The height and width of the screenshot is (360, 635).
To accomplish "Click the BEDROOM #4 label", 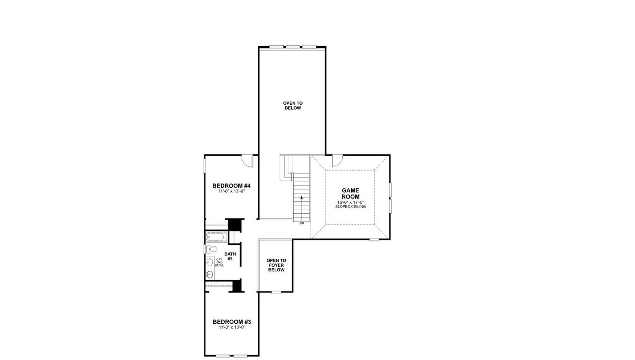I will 231,186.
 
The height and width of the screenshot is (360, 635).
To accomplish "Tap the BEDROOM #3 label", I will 231,322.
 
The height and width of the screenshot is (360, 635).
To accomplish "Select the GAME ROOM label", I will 350,193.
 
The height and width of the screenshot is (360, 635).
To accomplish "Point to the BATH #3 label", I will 230,256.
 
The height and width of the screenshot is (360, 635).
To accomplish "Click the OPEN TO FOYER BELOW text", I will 276,265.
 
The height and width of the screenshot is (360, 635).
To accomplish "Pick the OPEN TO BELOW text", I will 293,106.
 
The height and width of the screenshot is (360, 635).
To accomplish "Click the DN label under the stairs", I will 302,224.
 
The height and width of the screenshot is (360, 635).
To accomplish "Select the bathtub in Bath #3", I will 216,238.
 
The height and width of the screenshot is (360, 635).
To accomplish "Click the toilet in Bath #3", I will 212,249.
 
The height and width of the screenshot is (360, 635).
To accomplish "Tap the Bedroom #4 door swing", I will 247,160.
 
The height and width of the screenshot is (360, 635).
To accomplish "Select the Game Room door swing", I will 337,160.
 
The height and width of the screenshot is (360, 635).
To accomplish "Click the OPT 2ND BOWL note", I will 219,262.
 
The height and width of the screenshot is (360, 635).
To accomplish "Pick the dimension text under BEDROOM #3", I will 231,327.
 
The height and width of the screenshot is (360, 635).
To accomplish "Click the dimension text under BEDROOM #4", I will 231,191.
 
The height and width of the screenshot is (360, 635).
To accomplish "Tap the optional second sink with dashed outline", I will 210,262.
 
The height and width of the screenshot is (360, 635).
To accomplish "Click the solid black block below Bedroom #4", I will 233,224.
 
